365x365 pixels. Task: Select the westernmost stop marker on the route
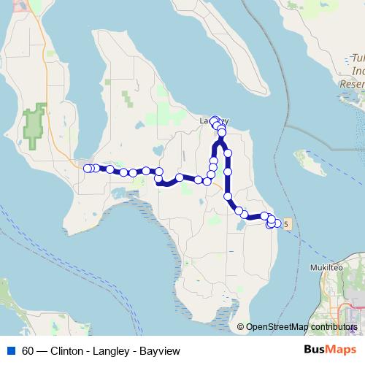point(88,169)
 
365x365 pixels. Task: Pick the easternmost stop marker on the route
point(277,223)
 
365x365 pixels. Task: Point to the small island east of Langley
point(310,162)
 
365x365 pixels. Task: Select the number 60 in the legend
point(28,350)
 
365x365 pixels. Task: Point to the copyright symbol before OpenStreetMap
point(242,328)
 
